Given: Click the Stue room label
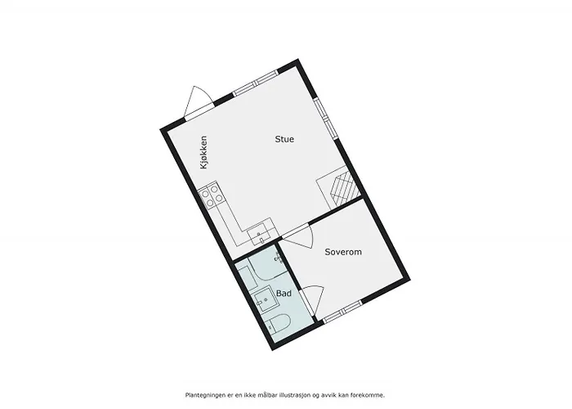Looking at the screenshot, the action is (x=284, y=139).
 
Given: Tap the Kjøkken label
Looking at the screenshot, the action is (x=203, y=153).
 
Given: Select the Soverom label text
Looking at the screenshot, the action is (x=343, y=252).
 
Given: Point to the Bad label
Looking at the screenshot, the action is (x=284, y=293).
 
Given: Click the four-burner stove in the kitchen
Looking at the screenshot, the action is (x=211, y=196).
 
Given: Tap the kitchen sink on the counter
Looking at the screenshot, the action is (x=259, y=234).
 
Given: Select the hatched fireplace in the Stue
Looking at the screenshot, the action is (x=338, y=187).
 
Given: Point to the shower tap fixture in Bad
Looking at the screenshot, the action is (x=278, y=258).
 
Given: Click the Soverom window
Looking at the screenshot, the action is (x=342, y=312).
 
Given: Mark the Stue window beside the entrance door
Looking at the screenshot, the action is (x=255, y=83).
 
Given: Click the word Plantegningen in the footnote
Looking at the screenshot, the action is (x=204, y=395).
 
